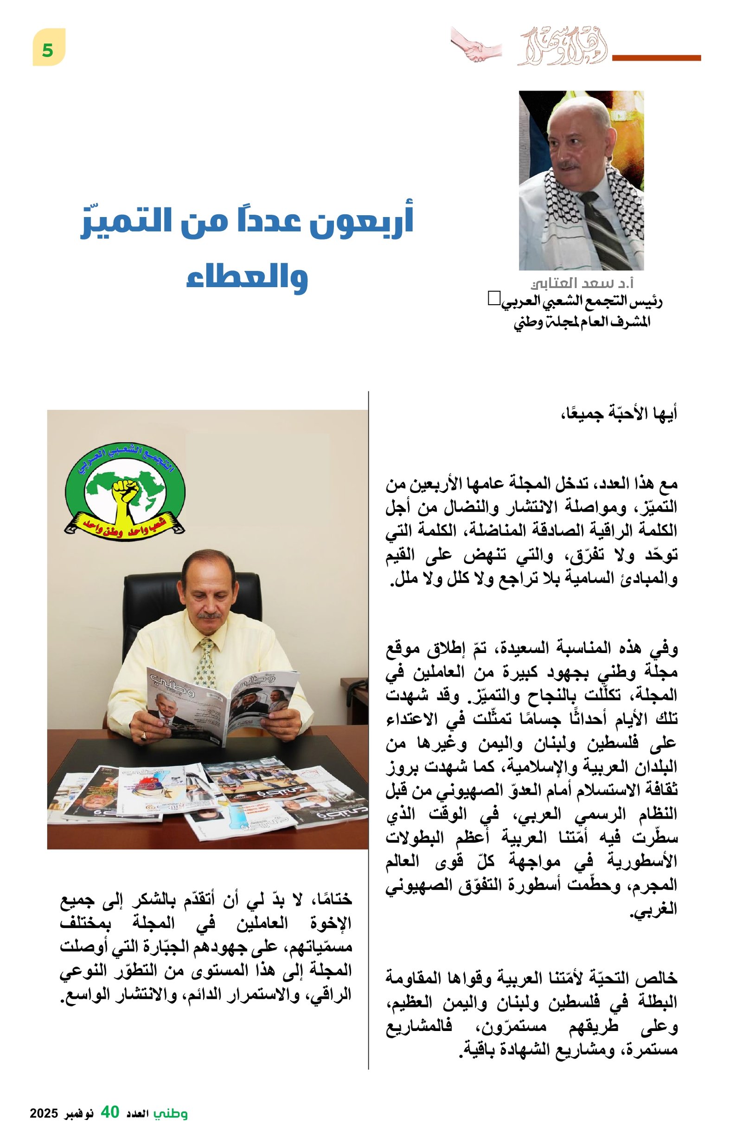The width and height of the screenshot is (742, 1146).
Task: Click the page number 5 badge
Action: point(48,47)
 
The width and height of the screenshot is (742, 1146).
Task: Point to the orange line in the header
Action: point(655,58)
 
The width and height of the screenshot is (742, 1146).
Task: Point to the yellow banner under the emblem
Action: point(124,525)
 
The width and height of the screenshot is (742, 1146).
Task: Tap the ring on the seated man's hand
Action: point(143,736)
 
